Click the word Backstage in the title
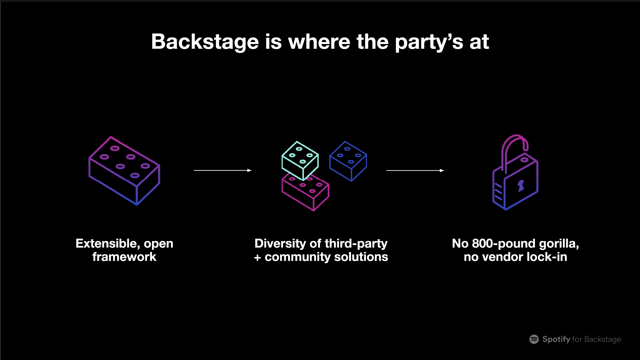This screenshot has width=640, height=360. coord(205,42)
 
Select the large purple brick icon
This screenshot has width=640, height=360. coord(124,170)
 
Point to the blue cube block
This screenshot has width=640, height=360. coord(348,161)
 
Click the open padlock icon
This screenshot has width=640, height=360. coord(515,177)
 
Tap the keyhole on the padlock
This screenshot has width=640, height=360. coord(521,186)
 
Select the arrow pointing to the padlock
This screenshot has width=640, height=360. coord(415,170)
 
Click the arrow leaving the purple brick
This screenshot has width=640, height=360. coord(222,170)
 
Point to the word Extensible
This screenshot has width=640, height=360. coord(108,244)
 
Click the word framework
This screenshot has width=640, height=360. coord(124,257)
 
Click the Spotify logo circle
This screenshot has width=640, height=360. coord(534,339)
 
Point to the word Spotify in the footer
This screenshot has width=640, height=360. coord(556,339)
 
